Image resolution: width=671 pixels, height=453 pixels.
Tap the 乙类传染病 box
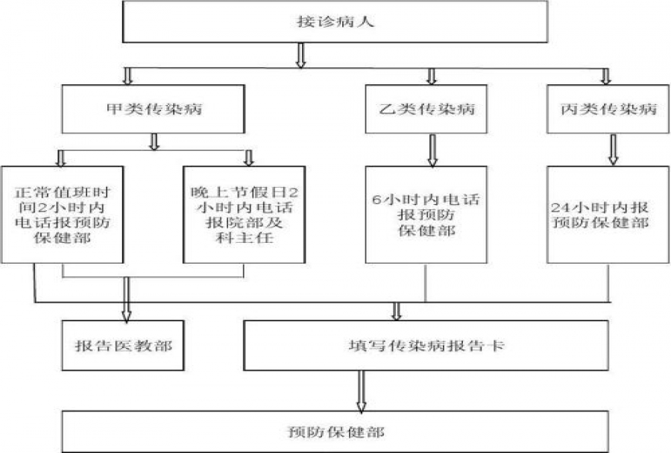pos(431,109)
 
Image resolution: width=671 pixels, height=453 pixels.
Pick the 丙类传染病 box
pos(607,109)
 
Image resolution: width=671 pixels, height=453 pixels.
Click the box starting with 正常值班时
pos(63,214)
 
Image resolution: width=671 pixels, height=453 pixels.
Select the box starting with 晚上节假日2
pos(244,214)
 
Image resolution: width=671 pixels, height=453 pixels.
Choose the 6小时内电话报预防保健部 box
pos(425,214)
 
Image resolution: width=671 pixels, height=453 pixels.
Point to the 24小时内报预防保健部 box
pos(608,214)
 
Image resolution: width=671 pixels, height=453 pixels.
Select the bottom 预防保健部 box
pos(336,431)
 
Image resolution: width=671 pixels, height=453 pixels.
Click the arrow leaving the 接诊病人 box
pos(301,56)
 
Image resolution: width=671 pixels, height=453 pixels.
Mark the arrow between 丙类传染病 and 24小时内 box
pos(612,150)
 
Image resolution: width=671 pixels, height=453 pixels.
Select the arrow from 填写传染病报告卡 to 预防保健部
pos(362,390)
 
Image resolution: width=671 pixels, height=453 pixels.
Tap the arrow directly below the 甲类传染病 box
pos(155,142)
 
